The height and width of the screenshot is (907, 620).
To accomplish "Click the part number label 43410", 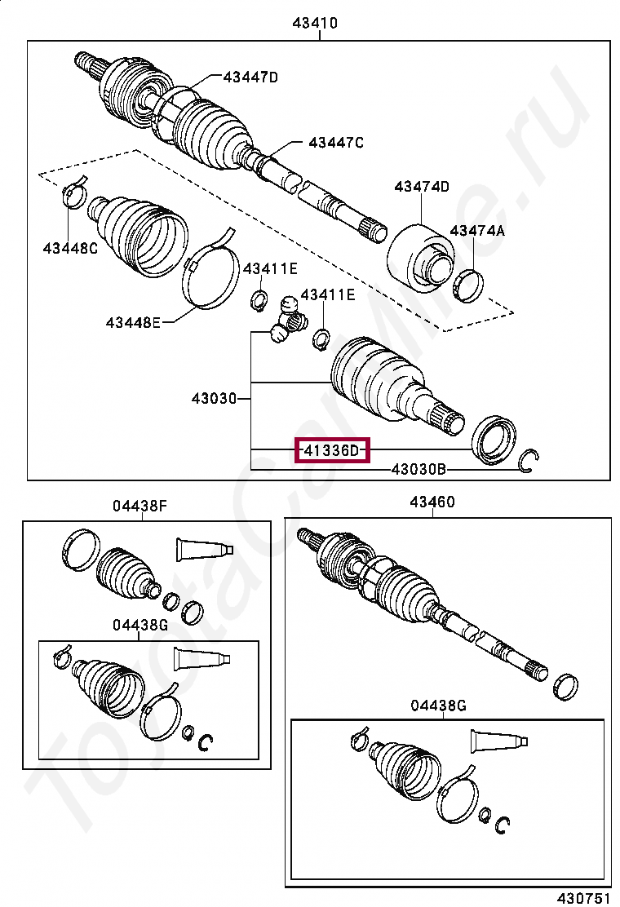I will tap(315, 24).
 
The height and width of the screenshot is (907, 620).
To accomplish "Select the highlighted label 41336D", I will tap(331, 449).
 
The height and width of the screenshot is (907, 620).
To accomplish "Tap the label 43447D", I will tap(250, 77).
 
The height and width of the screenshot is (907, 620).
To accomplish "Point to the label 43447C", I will tap(335, 143).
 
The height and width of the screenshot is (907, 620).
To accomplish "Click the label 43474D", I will tap(422, 187).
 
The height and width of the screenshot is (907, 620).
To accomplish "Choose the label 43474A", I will tap(477, 231).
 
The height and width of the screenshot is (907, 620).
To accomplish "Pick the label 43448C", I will tap(70, 248).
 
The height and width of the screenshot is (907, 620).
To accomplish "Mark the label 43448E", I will tap(133, 322).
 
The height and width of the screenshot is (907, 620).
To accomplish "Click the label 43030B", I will tap(418, 469).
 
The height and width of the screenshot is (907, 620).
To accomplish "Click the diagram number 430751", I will tap(584, 897).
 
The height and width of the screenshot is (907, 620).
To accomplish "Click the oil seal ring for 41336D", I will tap(494, 440).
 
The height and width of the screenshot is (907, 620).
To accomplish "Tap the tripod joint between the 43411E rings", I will tap(287, 321).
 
